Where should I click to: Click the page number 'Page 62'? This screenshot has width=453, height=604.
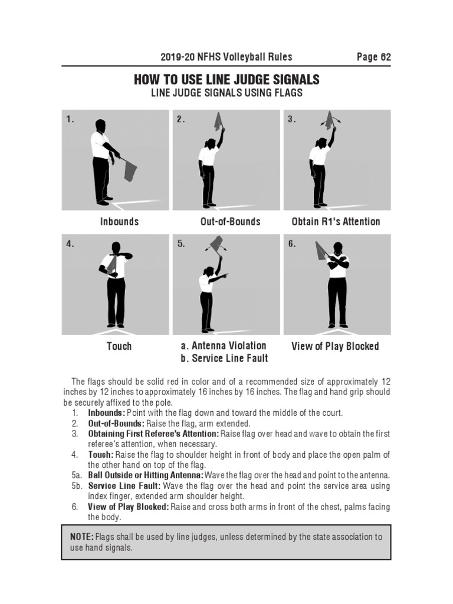click(373, 57)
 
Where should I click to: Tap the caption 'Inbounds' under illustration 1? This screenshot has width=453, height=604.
click(119, 222)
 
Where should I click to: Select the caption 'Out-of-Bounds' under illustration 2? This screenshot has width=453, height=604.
click(230, 222)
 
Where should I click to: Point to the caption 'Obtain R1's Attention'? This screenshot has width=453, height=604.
click(336, 222)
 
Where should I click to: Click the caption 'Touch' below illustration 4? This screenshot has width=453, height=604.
click(119, 346)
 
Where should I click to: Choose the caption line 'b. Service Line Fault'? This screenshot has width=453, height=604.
click(224, 358)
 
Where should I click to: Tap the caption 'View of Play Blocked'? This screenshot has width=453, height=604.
click(335, 346)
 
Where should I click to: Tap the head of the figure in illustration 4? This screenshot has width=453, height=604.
click(116, 247)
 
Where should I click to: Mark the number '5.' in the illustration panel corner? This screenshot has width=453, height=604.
click(181, 244)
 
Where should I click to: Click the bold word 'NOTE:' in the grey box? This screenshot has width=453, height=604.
click(81, 537)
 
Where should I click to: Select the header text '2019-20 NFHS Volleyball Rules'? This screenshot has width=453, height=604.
click(226, 57)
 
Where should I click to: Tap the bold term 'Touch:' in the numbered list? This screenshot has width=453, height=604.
click(100, 455)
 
